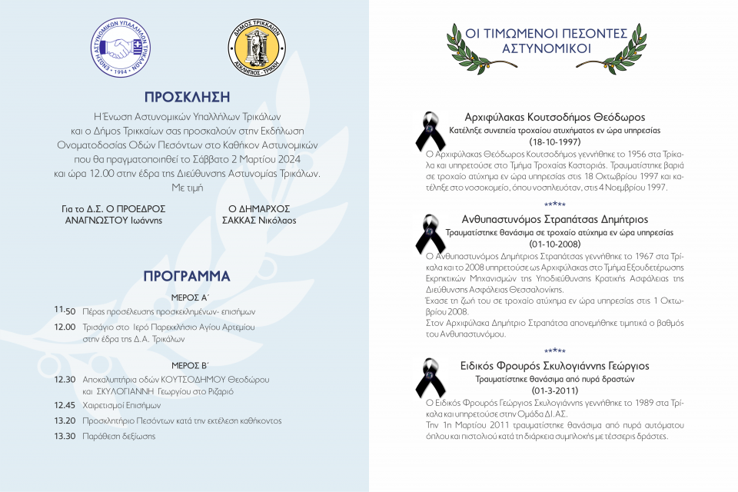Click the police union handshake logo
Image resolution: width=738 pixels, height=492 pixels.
click(x=118, y=47)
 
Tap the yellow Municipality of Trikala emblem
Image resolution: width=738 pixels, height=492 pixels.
click(x=257, y=47)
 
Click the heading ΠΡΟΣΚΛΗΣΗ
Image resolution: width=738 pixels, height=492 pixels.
click(x=187, y=97)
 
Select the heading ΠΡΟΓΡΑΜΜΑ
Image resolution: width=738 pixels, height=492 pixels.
click(x=187, y=276)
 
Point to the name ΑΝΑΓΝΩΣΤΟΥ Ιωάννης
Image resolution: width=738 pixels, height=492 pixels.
click(x=114, y=220)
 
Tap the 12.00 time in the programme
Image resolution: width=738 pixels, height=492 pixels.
click(x=65, y=327)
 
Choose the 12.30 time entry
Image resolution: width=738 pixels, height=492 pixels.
click(x=65, y=379)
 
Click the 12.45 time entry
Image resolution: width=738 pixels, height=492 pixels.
click(x=65, y=404)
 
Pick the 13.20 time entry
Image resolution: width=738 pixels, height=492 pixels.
click(x=65, y=421)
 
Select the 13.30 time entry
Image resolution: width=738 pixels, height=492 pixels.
click(x=65, y=436)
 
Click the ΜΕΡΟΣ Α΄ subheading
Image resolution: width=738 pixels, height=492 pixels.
click(x=187, y=296)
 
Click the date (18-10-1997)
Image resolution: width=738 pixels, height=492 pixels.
click(x=554, y=142)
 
